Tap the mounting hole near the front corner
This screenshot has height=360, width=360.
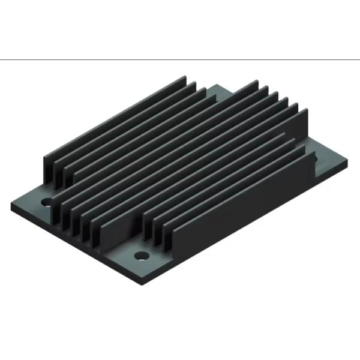pos(141,256)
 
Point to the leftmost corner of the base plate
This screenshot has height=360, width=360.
pos(11,205)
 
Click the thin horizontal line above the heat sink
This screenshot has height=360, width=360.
pos(180,60)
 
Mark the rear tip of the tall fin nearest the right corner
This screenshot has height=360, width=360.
pos(306,112)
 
